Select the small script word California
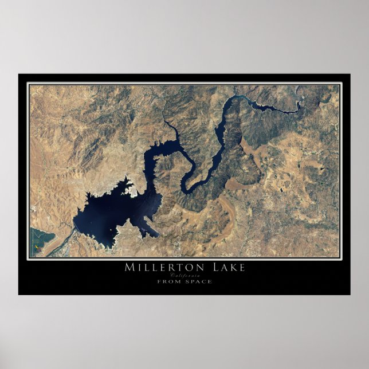(185, 275)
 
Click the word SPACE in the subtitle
(198, 281)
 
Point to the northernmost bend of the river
(235, 98)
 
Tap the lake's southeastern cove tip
(156, 235)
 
